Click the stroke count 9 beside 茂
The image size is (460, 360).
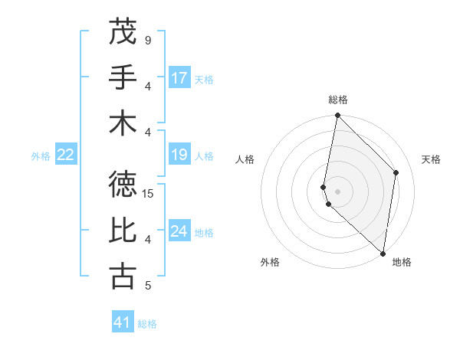click(148, 40)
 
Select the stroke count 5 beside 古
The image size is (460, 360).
click(148, 286)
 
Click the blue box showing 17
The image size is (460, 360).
click(179, 78)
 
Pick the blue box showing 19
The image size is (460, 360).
click(179, 155)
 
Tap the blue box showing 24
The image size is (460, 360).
click(179, 231)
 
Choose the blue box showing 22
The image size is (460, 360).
click(66, 155)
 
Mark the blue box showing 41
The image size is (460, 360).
click(123, 322)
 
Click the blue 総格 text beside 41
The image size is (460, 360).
click(147, 324)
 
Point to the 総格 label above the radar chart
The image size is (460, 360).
click(338, 100)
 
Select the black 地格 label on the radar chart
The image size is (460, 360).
click(402, 262)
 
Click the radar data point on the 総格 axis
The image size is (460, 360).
click(337, 116)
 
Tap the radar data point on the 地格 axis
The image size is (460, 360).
click(383, 254)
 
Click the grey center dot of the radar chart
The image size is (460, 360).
click(337, 191)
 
